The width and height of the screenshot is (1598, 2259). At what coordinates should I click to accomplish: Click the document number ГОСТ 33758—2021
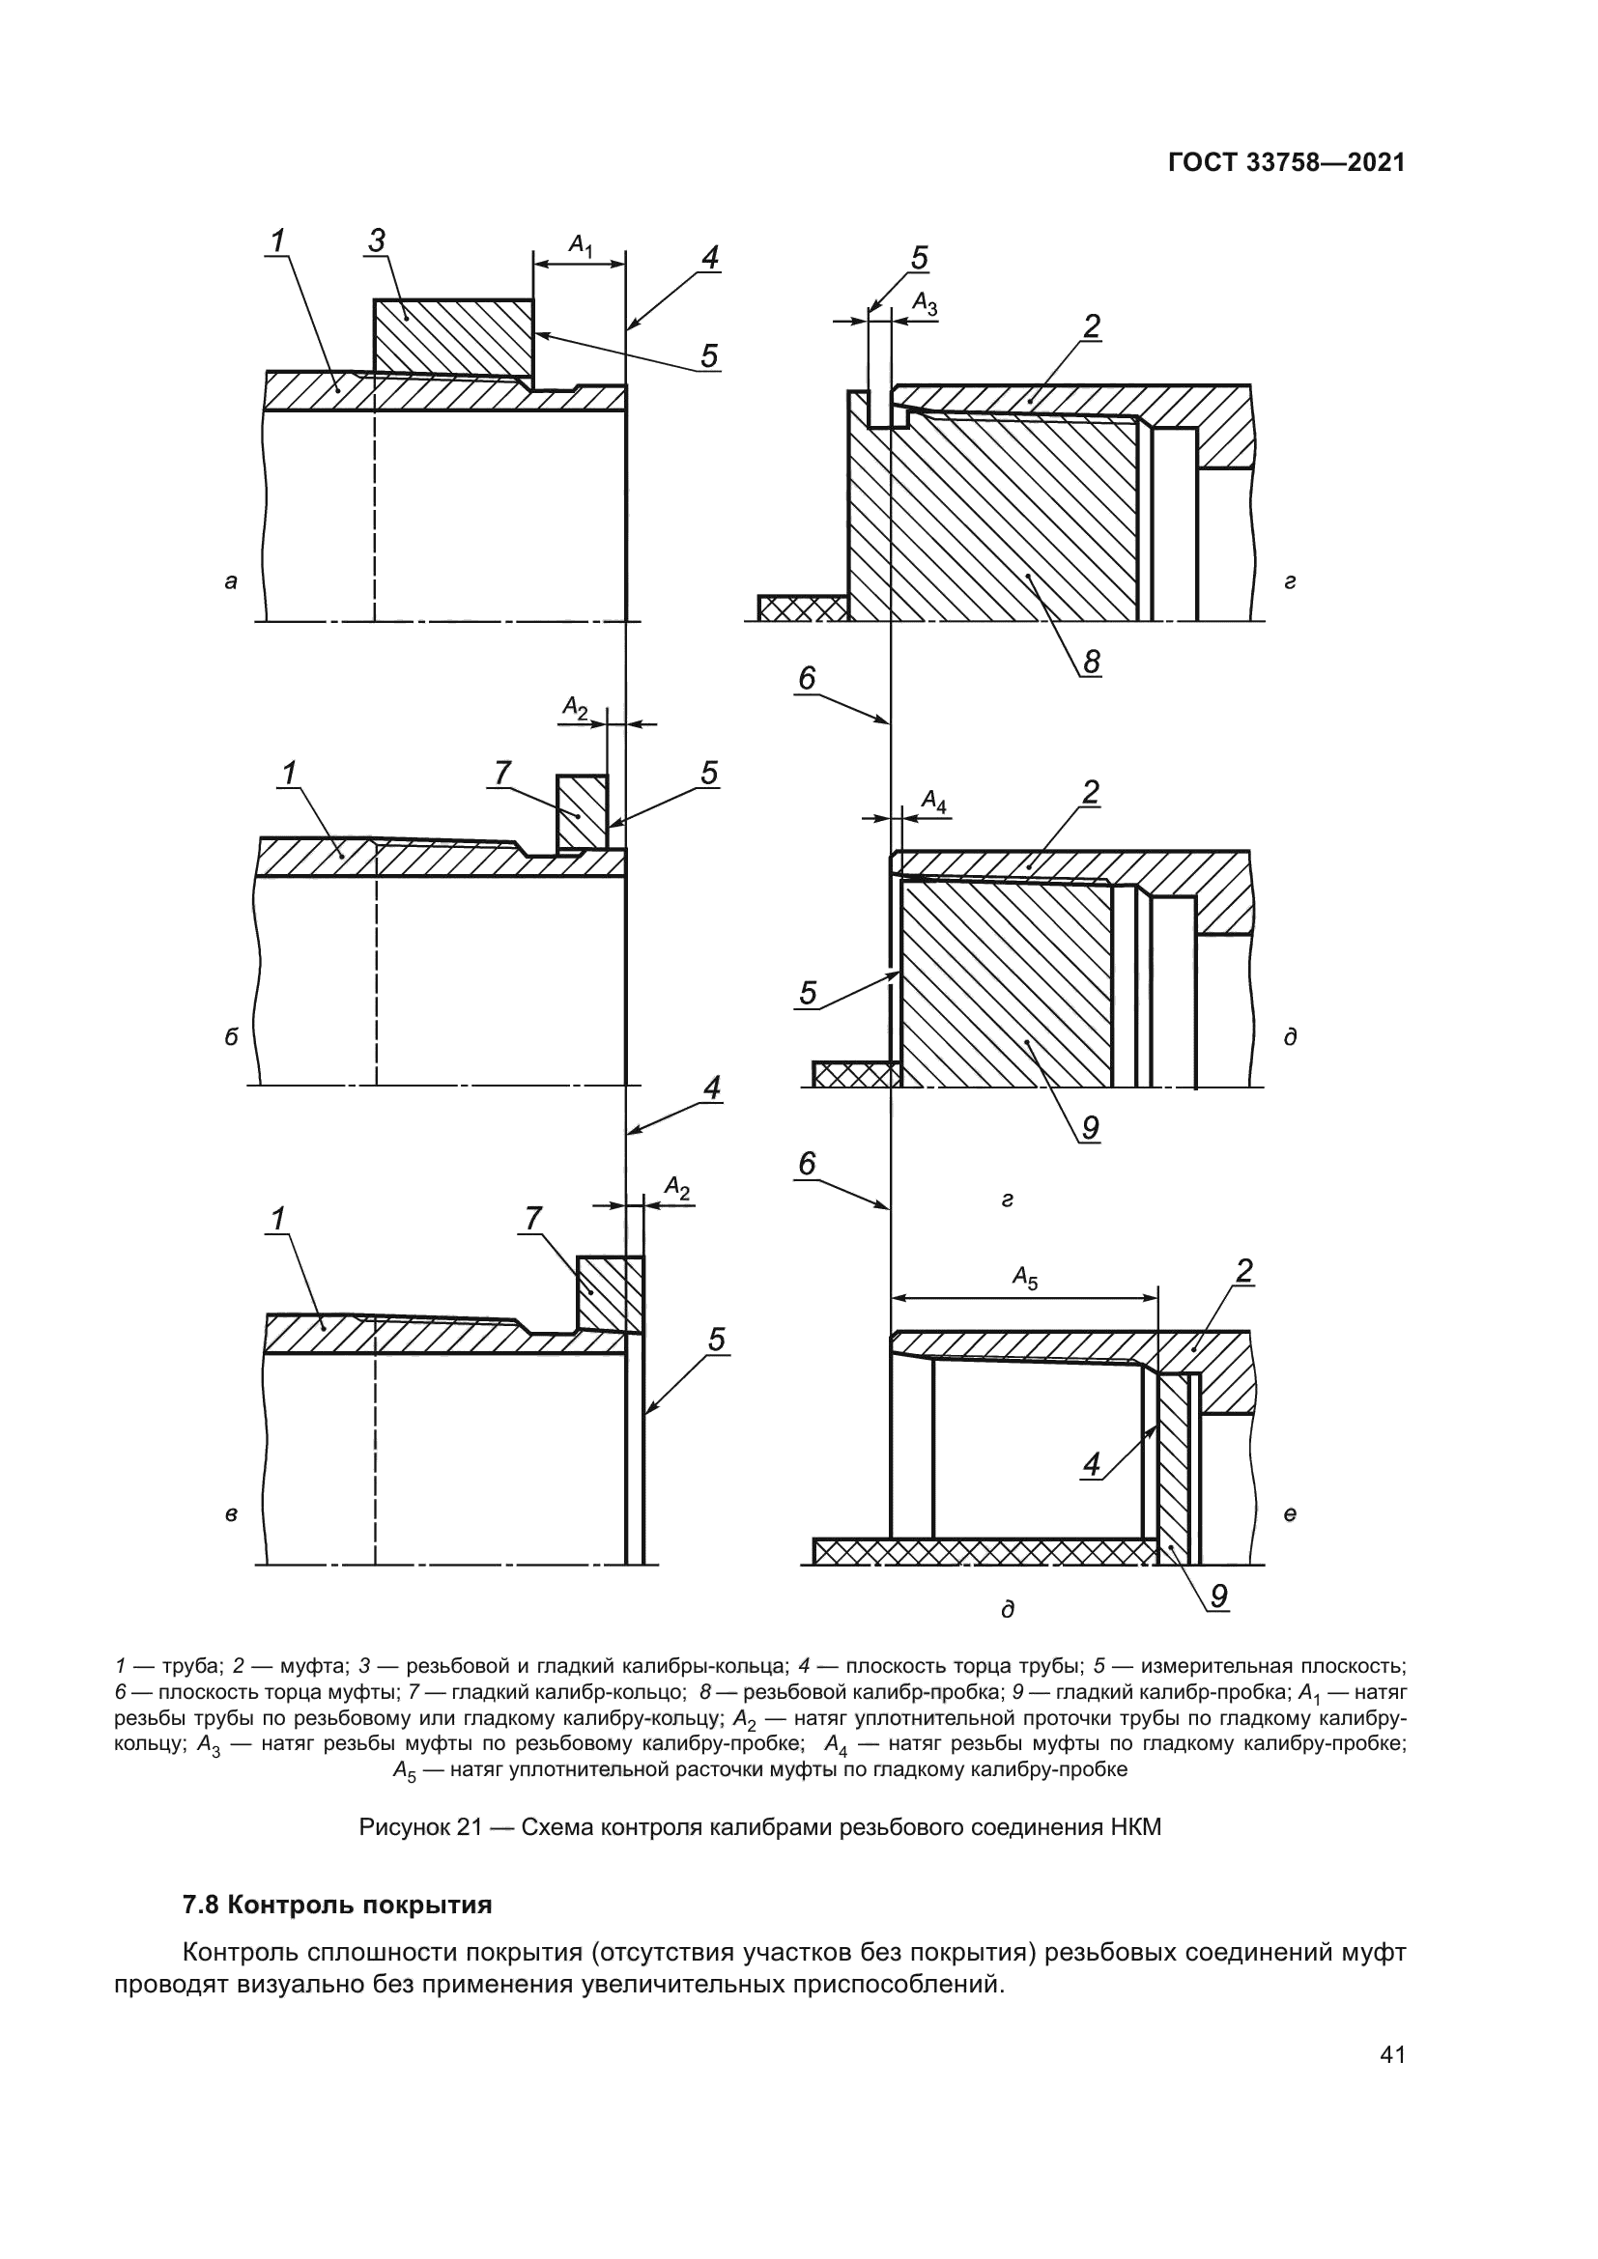(1286, 163)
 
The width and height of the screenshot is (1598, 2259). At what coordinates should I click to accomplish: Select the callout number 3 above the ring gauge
(377, 240)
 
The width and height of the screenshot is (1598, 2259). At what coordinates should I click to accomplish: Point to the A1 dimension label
(582, 245)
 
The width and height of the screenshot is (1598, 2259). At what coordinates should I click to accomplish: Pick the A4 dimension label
(934, 803)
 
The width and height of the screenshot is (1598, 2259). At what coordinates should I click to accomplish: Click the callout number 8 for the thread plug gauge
(1090, 663)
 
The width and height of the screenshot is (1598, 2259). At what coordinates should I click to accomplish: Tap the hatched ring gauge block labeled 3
(452, 336)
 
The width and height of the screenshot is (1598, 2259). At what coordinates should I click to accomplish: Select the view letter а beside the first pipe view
(230, 581)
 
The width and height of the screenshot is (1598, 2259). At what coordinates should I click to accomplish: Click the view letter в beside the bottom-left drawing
(230, 1515)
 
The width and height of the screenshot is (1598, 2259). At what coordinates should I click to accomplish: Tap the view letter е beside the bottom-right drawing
(1289, 1515)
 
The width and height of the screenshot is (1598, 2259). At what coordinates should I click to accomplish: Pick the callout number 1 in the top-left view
(278, 240)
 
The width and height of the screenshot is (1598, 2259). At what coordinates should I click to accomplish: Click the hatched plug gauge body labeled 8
(994, 522)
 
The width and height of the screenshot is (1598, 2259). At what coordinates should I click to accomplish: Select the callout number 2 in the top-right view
(1091, 326)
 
